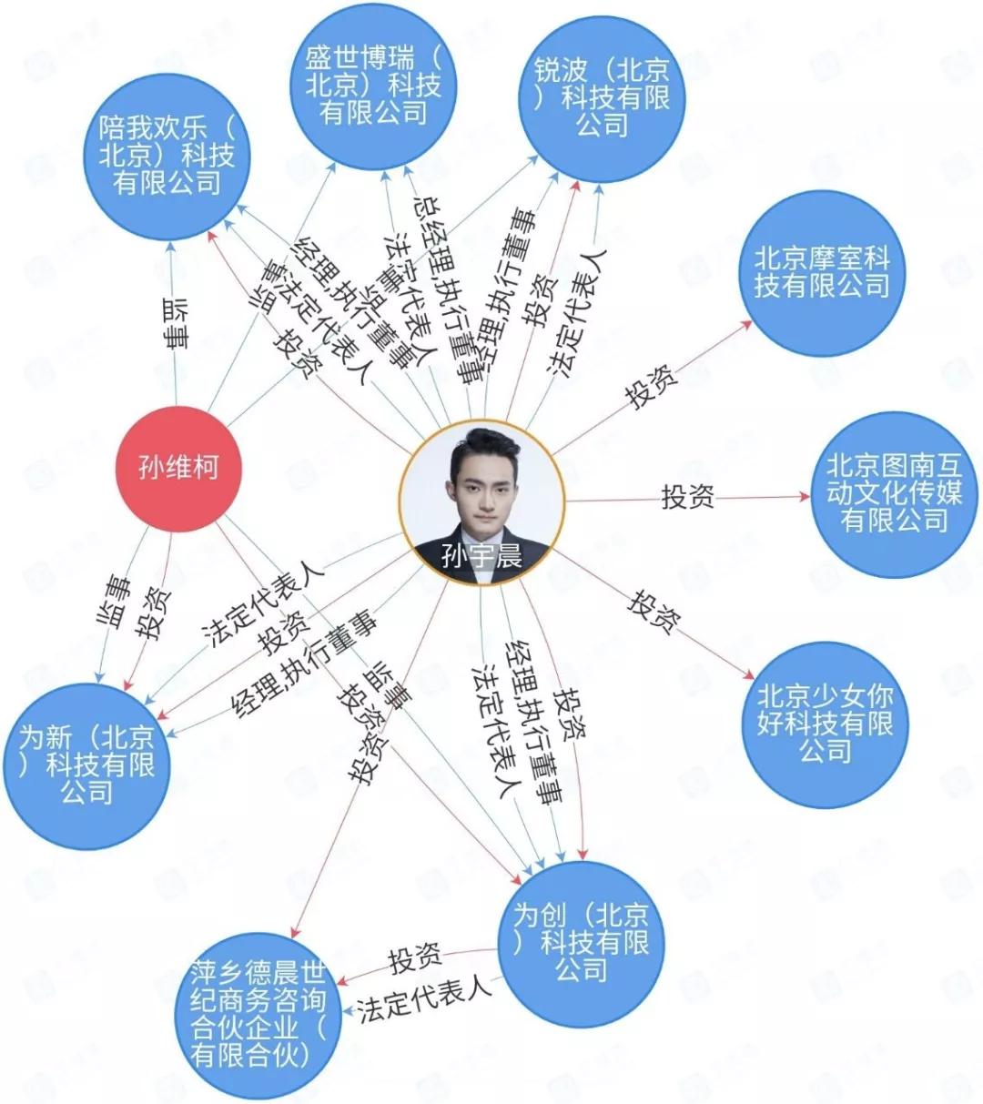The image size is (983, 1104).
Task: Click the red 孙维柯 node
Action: [178, 468]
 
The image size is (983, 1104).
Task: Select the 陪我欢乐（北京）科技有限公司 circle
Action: [167, 156]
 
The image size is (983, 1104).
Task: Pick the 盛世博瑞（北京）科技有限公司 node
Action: [373, 86]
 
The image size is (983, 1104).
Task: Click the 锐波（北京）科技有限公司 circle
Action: [602, 96]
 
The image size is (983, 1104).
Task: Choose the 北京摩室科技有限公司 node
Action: [822, 272]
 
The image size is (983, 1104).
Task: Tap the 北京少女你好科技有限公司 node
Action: [826, 724]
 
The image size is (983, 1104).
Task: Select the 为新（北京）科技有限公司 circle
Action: [87, 765]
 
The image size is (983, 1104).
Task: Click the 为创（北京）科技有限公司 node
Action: [582, 943]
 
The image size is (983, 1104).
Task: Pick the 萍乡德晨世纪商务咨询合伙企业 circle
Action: [258, 1015]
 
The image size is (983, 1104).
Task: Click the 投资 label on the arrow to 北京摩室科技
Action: [652, 387]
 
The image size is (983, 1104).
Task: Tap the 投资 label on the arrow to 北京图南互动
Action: [687, 497]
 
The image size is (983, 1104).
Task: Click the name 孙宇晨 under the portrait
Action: [481, 556]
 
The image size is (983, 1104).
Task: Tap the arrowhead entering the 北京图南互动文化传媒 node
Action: [805, 497]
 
